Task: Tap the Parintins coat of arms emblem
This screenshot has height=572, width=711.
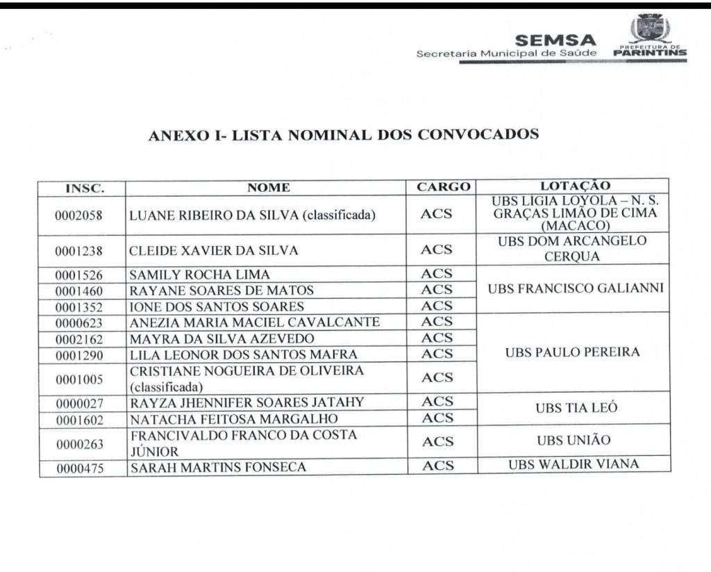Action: click(649, 29)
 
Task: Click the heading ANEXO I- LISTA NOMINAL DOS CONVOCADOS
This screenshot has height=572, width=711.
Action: click(344, 135)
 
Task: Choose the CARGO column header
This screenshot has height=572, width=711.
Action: click(443, 187)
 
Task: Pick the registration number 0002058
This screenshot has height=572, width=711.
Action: click(78, 215)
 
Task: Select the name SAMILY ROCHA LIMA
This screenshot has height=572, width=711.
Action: click(200, 275)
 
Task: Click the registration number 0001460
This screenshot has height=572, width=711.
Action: click(78, 291)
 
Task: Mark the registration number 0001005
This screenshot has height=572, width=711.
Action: click(78, 379)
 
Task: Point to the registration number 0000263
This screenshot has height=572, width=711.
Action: click(78, 443)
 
